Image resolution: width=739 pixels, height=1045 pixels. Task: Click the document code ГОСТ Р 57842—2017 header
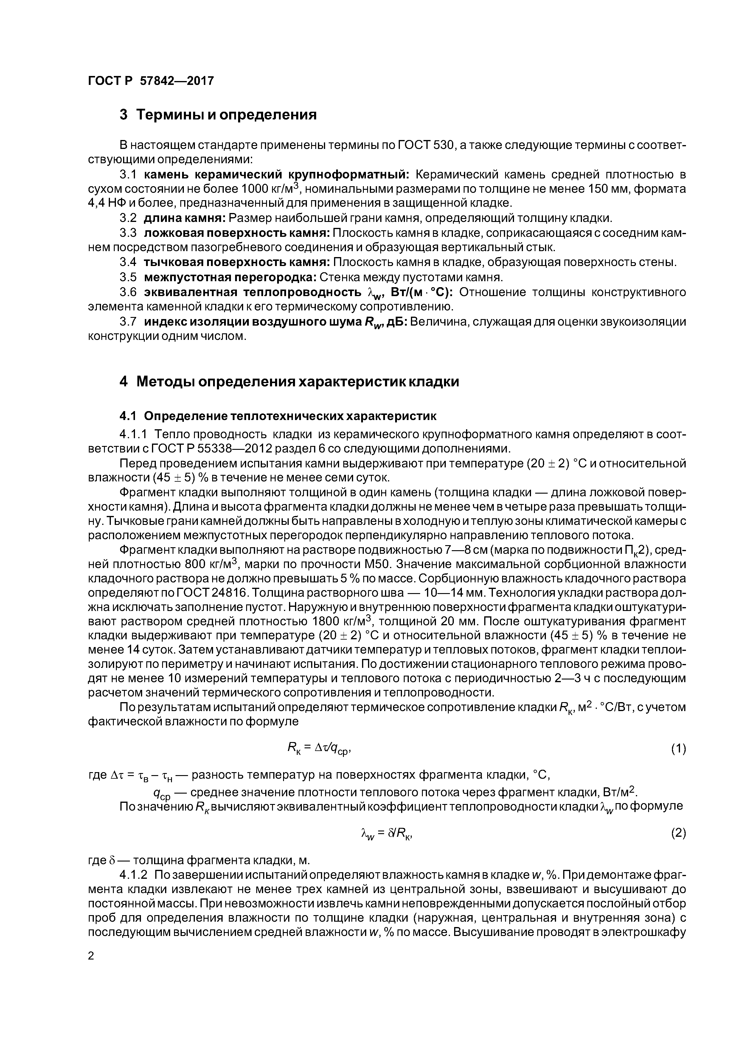tap(150, 81)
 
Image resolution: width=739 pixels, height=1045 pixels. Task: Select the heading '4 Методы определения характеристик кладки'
tap(289, 381)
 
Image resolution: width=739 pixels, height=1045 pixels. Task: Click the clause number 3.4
tap(128, 263)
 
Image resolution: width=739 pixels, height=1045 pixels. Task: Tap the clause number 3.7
tap(128, 322)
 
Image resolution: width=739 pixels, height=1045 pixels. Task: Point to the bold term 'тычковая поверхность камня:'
tap(237, 263)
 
